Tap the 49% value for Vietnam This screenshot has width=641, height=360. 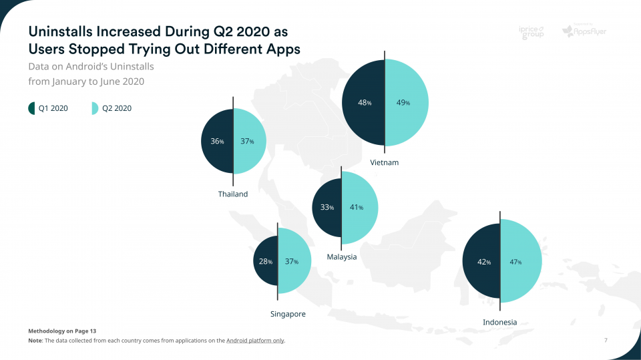(x=403, y=103)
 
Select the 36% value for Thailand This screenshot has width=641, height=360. (x=217, y=142)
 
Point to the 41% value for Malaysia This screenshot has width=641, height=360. (x=356, y=207)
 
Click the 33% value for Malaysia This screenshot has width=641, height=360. (x=327, y=207)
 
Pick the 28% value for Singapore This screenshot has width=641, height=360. (x=265, y=261)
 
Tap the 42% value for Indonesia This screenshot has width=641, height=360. (x=484, y=262)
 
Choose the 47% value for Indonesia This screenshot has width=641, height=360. (x=515, y=262)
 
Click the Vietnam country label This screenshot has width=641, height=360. (x=384, y=163)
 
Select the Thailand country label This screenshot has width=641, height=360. (x=233, y=194)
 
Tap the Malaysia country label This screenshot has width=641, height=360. (x=342, y=257)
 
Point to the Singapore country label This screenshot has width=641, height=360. (x=288, y=314)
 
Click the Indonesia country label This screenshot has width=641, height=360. (x=499, y=323)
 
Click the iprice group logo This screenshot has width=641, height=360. (x=532, y=32)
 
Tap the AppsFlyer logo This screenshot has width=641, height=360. (x=584, y=31)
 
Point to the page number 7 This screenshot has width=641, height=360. (x=606, y=341)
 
